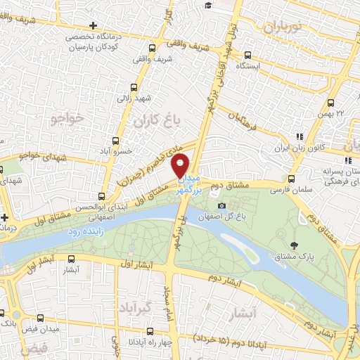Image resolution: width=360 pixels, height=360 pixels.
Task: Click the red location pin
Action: pos(181,165)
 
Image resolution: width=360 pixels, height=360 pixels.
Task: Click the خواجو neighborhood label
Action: pos(67,119)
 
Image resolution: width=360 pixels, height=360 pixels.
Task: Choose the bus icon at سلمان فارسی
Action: pos(291,178)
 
